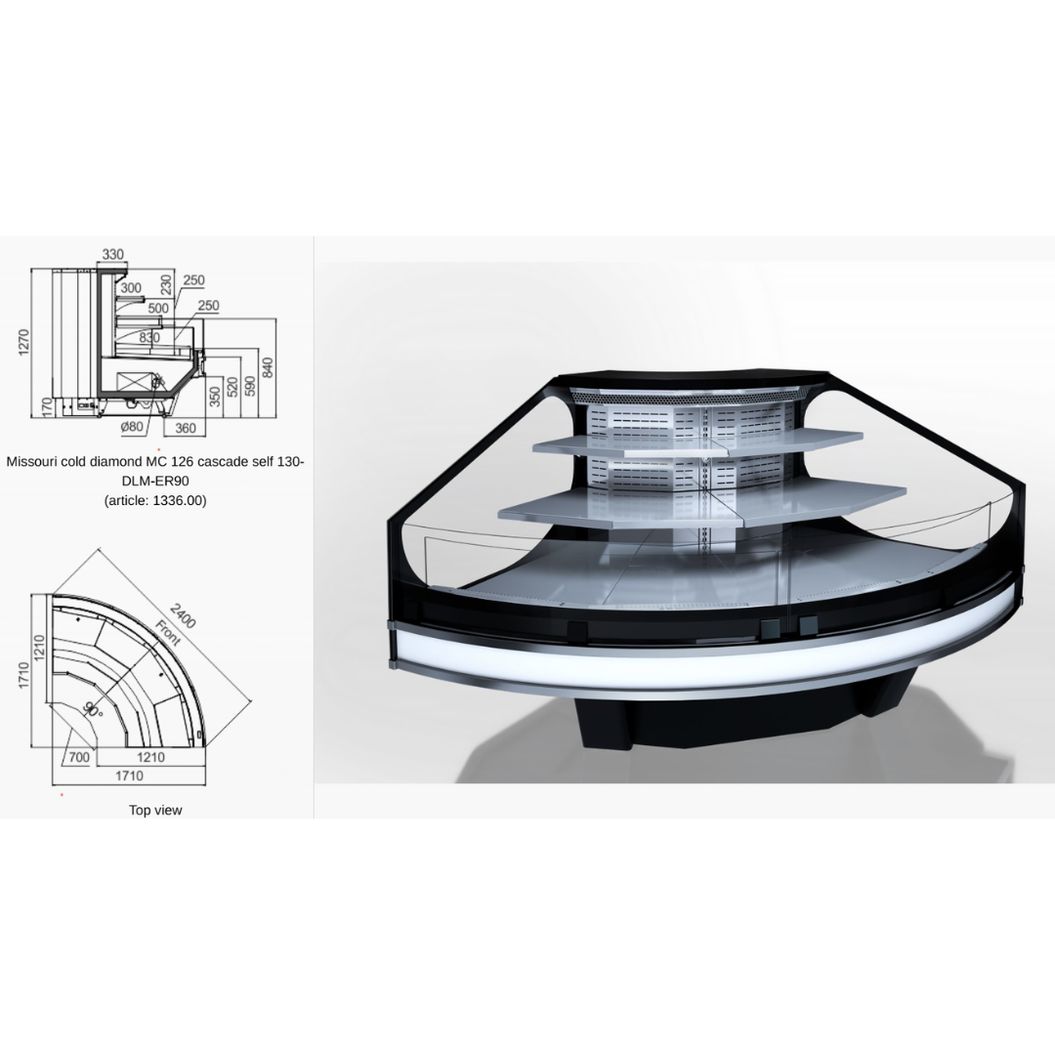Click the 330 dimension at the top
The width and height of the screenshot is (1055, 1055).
point(113,254)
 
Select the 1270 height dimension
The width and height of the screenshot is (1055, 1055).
point(24,343)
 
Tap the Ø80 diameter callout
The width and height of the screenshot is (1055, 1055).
point(132,427)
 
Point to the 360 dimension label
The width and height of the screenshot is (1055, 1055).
point(185,428)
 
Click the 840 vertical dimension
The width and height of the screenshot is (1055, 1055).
point(268,367)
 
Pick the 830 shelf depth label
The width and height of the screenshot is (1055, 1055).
point(149,338)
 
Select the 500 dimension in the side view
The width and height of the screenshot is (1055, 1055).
point(158,308)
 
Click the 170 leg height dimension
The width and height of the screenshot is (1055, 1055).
point(47,407)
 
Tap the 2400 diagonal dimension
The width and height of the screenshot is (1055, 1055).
point(183,615)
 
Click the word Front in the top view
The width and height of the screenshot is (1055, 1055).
point(168,632)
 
